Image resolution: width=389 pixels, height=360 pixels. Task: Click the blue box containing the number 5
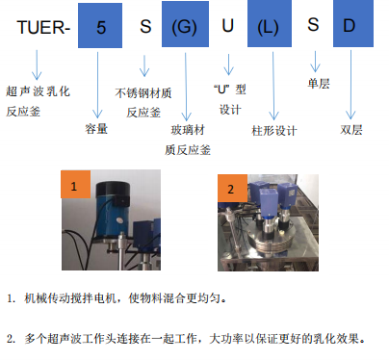(100, 26)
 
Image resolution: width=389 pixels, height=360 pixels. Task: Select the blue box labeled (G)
(185, 24)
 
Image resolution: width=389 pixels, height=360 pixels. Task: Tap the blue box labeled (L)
(270, 23)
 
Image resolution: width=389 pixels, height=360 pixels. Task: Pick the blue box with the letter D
(353, 23)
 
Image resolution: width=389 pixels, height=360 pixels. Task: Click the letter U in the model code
(227, 25)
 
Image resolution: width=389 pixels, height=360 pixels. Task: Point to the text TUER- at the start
(43, 28)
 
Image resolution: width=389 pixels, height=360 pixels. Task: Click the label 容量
(96, 129)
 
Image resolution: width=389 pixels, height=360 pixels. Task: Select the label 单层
(319, 84)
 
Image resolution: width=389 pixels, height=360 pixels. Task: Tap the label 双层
(351, 130)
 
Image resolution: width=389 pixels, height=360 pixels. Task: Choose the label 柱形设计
(274, 131)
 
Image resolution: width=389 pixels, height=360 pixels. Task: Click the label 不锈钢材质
(143, 93)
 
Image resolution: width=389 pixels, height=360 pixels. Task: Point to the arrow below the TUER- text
(37, 64)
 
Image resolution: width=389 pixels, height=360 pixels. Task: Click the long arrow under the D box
(350, 85)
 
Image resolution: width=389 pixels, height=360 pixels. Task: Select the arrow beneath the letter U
(228, 64)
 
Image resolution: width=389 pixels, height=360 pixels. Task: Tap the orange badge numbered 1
(76, 184)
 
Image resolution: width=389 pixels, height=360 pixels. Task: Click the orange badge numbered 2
(232, 189)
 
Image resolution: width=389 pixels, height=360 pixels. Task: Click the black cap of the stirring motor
(113, 190)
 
